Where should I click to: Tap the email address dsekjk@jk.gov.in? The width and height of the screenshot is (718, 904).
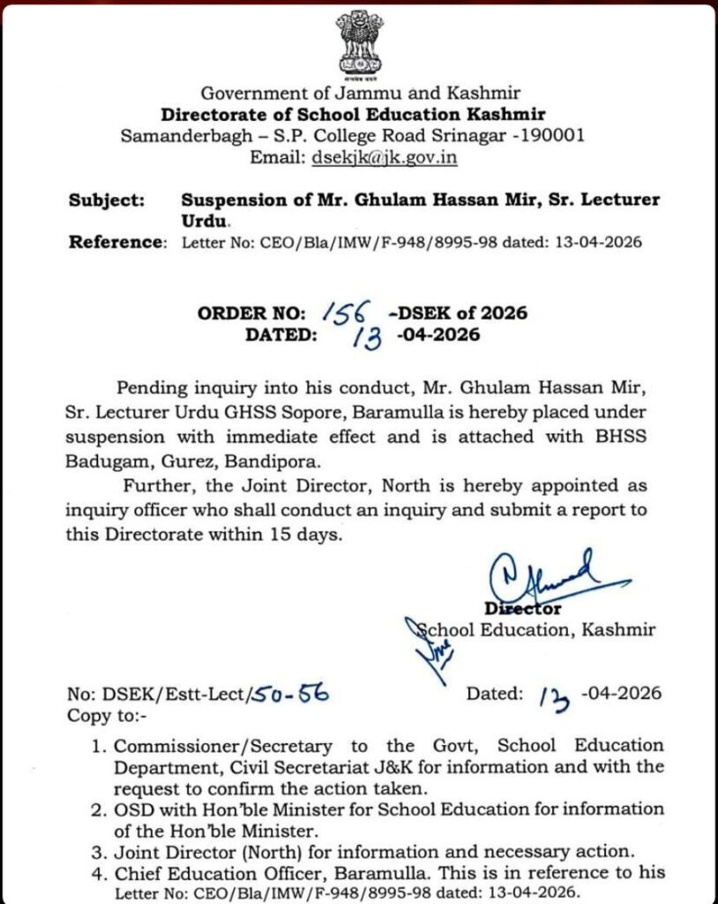tap(384, 158)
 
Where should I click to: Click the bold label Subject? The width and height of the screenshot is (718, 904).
tap(107, 200)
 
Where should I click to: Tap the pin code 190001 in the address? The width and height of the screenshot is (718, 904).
tap(552, 136)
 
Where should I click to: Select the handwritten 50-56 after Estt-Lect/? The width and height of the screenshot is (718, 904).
tap(292, 695)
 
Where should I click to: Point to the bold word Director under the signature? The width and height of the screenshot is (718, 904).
tap(523, 608)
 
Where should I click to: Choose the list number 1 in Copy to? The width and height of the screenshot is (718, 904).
tap(100, 746)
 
